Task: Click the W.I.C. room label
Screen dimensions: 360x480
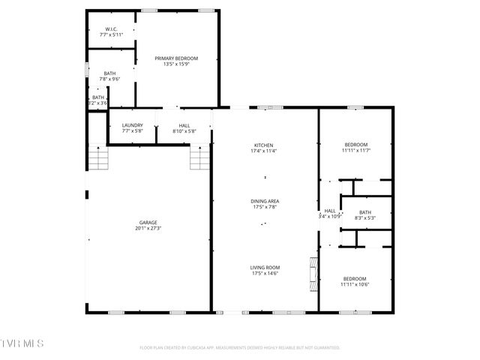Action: [x=110, y=28]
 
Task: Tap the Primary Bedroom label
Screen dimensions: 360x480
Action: [x=176, y=58]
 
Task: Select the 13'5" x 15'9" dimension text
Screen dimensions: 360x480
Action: [x=176, y=64]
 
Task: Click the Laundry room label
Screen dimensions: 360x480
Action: [x=133, y=125]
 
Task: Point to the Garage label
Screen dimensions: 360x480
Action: [x=148, y=222]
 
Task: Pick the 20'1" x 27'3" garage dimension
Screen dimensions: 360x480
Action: [x=148, y=228]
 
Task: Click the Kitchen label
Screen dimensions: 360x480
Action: [x=263, y=145]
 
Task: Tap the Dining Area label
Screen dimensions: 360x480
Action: [x=265, y=200]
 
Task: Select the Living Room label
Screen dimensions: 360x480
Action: [x=265, y=267]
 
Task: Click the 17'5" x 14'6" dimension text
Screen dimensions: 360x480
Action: [x=265, y=273]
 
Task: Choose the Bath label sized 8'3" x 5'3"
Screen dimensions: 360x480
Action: [x=365, y=212]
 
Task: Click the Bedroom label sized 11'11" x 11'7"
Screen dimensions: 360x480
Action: [x=355, y=145]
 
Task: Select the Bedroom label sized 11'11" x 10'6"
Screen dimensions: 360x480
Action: [x=355, y=278]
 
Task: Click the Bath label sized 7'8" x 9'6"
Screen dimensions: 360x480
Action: [x=109, y=73]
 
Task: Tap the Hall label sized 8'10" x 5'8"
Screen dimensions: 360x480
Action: [x=184, y=125]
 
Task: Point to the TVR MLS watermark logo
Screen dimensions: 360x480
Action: [x=22, y=343]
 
